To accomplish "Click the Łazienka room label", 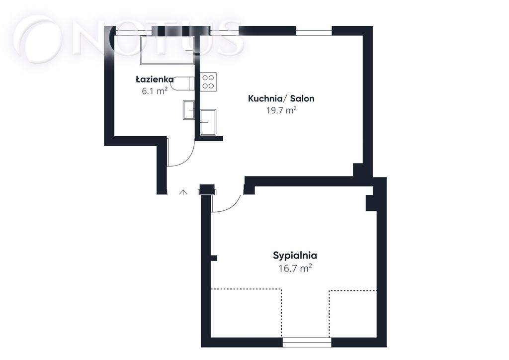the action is [x=155, y=79].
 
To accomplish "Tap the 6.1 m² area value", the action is [x=155, y=90].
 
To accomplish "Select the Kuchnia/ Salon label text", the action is [x=281, y=98].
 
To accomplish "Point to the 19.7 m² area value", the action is [x=281, y=110].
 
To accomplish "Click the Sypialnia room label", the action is [x=295, y=256].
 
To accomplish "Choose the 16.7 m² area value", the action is [x=295, y=269].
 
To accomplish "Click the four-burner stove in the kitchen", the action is [x=208, y=82].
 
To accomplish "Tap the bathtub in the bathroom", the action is [x=167, y=50].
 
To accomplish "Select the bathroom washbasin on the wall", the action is [x=189, y=110].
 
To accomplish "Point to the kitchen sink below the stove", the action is [x=208, y=122].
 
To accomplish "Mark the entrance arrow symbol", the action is [x=183, y=192].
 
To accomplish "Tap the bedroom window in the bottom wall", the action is [x=307, y=342].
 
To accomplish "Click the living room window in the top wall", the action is [x=314, y=31].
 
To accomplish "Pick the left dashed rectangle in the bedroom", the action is [x=247, y=313].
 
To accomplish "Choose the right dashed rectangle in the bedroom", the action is [x=353, y=314].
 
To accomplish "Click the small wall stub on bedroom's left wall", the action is [x=214, y=258].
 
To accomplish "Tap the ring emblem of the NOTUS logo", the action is [x=39, y=41].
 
